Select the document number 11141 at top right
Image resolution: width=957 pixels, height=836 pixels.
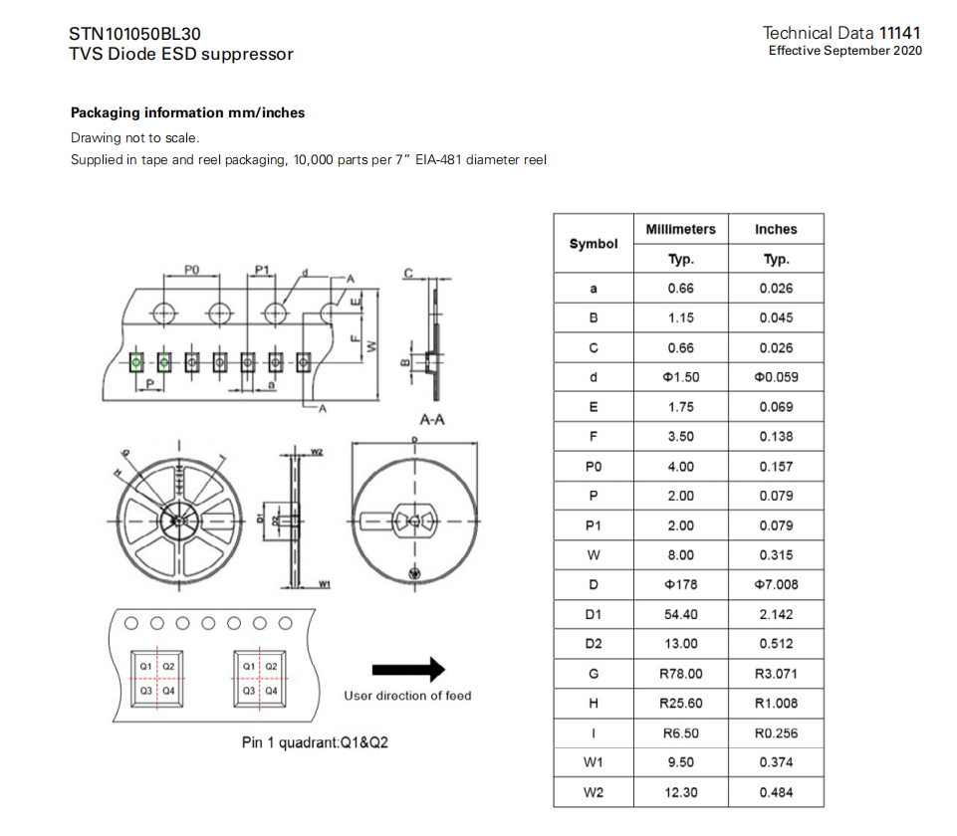tap(900, 33)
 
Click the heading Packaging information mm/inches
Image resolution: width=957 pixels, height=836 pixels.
tap(187, 113)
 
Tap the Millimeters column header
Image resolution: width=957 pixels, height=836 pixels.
tap(680, 229)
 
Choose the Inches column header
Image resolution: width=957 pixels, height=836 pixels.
tap(776, 229)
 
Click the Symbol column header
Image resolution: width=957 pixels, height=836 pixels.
tap(594, 244)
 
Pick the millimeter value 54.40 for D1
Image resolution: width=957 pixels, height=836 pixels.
tap(680, 614)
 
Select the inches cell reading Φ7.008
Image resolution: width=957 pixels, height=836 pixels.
tap(776, 585)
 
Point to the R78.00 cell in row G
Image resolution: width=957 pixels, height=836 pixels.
tap(680, 674)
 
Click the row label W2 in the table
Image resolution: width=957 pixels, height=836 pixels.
tap(594, 792)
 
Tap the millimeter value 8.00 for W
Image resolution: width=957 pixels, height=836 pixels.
tap(680, 555)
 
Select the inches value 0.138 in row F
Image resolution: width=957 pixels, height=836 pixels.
tap(776, 437)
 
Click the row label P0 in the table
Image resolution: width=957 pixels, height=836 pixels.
tap(594, 467)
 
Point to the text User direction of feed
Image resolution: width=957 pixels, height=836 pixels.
tap(407, 696)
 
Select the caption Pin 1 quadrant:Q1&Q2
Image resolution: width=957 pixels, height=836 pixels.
tap(315, 742)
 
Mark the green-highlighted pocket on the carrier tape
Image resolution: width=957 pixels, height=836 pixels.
tap(136, 360)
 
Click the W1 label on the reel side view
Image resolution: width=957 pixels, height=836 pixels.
tap(324, 583)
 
